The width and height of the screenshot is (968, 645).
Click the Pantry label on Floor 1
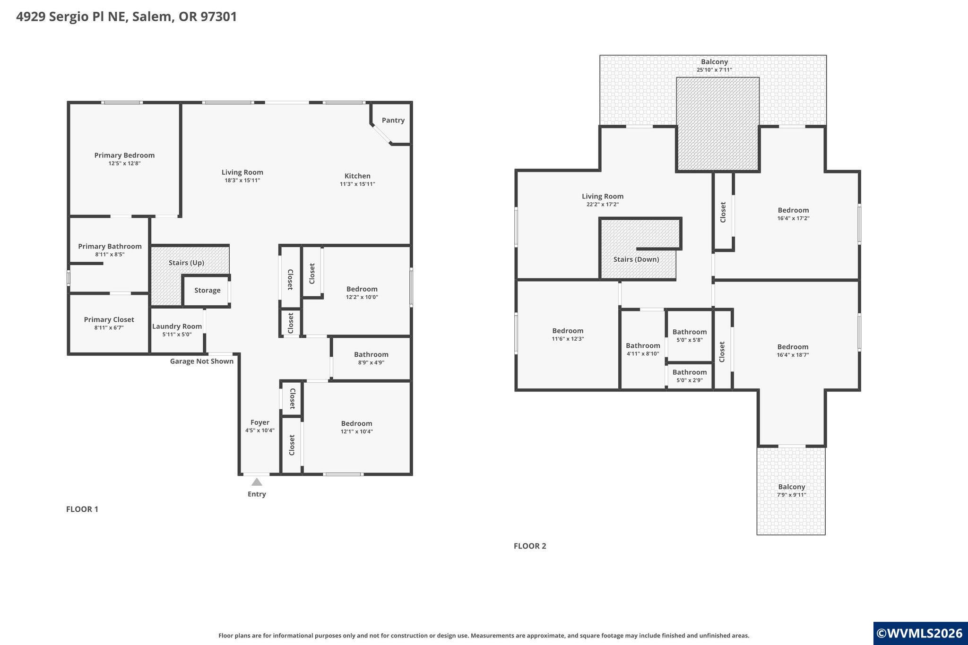coord(393,120)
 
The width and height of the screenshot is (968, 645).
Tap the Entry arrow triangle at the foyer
coord(257,482)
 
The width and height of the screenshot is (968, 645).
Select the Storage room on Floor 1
coord(207,291)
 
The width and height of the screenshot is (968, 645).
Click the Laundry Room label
coord(177,326)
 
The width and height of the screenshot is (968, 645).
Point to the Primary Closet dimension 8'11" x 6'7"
coord(109,327)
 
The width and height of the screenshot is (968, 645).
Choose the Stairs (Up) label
coord(186,263)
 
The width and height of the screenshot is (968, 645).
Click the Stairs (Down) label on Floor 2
coord(636,259)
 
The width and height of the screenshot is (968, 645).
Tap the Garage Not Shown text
coord(202,361)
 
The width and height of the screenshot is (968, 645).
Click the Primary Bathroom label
coord(110,246)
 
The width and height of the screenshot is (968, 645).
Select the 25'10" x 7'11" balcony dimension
coord(714,70)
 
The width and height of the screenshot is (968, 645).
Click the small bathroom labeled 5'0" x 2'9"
coord(690,376)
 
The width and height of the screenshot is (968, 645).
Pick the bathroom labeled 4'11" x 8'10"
coord(643,349)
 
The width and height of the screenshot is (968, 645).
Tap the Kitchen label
coord(357,176)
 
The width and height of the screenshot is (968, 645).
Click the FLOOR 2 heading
coord(530,546)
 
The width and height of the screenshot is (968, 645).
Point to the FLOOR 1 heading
coord(82,509)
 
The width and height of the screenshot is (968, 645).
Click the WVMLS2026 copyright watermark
coord(919,633)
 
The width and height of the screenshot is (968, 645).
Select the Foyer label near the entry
coord(259,422)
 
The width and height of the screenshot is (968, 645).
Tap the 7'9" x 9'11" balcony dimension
coord(791,495)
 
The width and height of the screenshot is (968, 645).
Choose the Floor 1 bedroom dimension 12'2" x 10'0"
coord(362,297)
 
